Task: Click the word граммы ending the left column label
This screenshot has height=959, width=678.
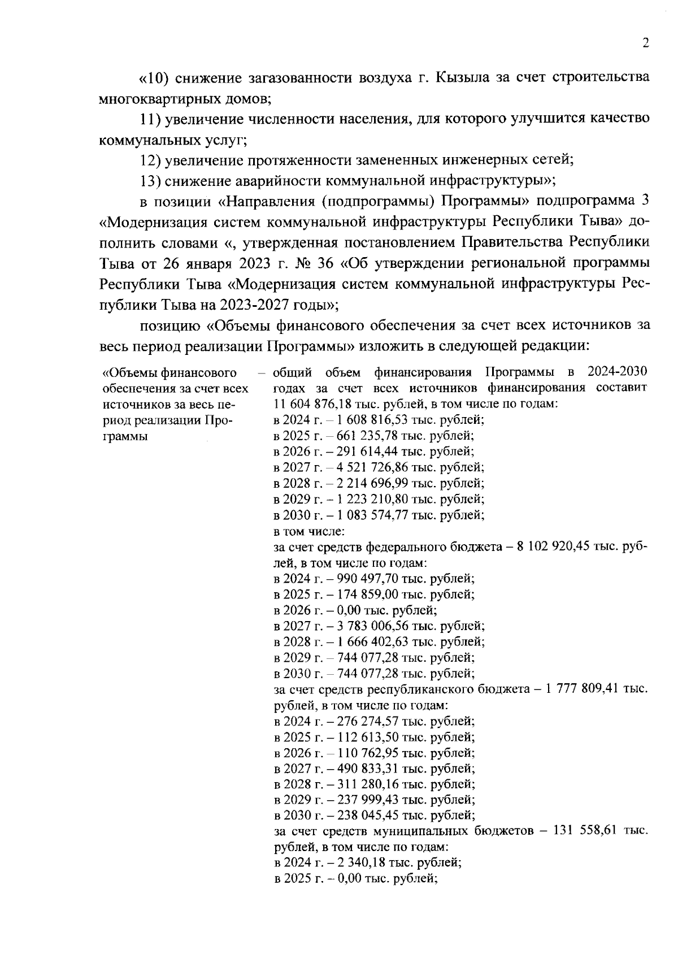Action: [x=125, y=436]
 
